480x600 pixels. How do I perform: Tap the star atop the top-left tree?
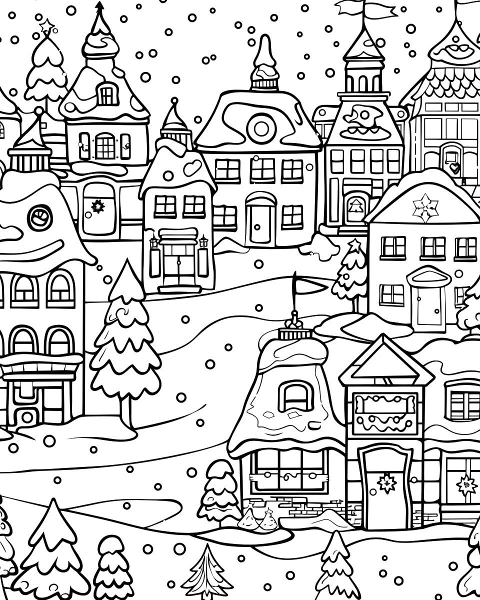click(x=47, y=25)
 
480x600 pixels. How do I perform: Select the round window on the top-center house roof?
click(x=261, y=128)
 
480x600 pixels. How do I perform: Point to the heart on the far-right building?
click(x=453, y=167)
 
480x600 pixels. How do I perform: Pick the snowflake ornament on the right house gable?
click(x=425, y=207)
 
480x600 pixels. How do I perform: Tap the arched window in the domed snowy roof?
click(x=295, y=395)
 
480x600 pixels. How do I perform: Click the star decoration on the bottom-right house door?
click(x=386, y=483)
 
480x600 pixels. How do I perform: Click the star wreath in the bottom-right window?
click(x=466, y=484)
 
